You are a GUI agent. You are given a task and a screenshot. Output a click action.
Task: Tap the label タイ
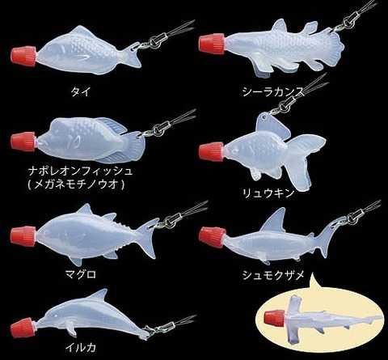(x=80, y=92)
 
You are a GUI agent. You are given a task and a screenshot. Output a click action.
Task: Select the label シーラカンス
(x=273, y=92)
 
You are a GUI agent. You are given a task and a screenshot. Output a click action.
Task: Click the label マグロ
(x=81, y=275)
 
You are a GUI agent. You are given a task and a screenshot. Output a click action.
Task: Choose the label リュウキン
(x=268, y=193)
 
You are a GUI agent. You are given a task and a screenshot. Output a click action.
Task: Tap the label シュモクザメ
(x=273, y=275)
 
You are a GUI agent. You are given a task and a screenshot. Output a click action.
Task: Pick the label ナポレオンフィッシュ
(x=80, y=172)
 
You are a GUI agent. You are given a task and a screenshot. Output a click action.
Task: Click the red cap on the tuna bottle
(x=23, y=236)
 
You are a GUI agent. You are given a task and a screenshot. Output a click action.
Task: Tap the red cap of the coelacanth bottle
(x=212, y=44)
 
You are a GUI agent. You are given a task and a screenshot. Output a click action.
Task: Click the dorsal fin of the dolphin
(x=99, y=294)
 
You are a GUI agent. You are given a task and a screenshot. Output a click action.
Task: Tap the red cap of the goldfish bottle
(x=212, y=152)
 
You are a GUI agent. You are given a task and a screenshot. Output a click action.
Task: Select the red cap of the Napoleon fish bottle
(x=23, y=142)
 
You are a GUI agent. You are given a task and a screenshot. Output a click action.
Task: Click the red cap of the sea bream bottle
(x=23, y=57)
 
